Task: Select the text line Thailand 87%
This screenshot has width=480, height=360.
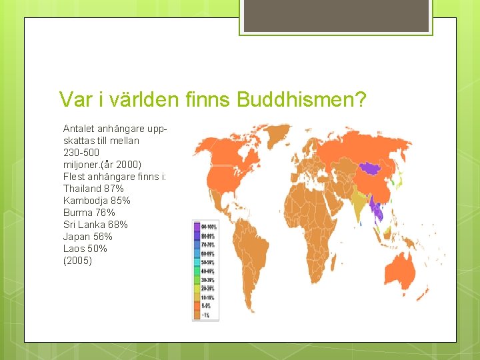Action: (x=93, y=189)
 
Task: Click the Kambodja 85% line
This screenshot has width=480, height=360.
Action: (x=97, y=201)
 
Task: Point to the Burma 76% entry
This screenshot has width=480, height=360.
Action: (x=89, y=213)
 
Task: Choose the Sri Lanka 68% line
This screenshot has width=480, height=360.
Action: (x=95, y=225)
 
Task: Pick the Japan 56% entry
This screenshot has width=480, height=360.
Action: (x=87, y=237)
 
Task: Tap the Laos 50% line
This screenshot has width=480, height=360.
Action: (x=85, y=249)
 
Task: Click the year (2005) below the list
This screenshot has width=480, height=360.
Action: (x=77, y=261)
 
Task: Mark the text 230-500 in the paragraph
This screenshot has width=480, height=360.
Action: (x=82, y=153)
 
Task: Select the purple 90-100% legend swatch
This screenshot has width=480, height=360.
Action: (x=197, y=227)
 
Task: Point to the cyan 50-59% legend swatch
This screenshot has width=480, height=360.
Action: (x=197, y=263)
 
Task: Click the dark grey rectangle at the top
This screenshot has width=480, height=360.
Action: (x=336, y=16)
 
